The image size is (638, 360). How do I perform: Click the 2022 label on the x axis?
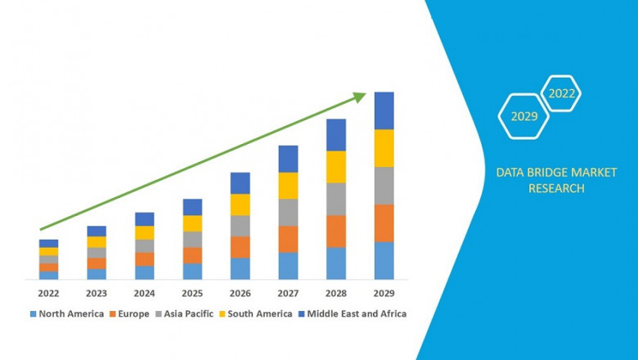(x=48, y=293)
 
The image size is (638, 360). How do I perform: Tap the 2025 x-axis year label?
(x=192, y=293)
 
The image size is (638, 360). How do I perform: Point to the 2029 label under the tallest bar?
(x=384, y=293)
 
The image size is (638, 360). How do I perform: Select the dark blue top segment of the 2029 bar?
(x=384, y=110)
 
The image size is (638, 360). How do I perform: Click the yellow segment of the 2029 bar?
(x=384, y=148)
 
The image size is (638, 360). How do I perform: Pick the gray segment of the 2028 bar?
(x=336, y=199)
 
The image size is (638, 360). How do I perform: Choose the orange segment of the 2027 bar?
(x=288, y=239)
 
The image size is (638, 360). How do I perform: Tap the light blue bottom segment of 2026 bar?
(x=240, y=268)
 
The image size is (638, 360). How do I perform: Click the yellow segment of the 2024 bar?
(x=144, y=232)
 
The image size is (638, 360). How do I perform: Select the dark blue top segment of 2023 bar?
(x=97, y=231)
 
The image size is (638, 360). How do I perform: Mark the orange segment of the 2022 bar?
(x=48, y=267)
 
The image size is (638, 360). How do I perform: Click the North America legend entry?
(x=66, y=313)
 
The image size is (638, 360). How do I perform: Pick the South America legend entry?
(x=257, y=313)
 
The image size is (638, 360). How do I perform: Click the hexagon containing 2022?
(x=562, y=93)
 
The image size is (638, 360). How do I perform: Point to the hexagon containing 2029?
(x=523, y=117)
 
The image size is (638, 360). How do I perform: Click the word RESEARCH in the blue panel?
(x=556, y=188)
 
